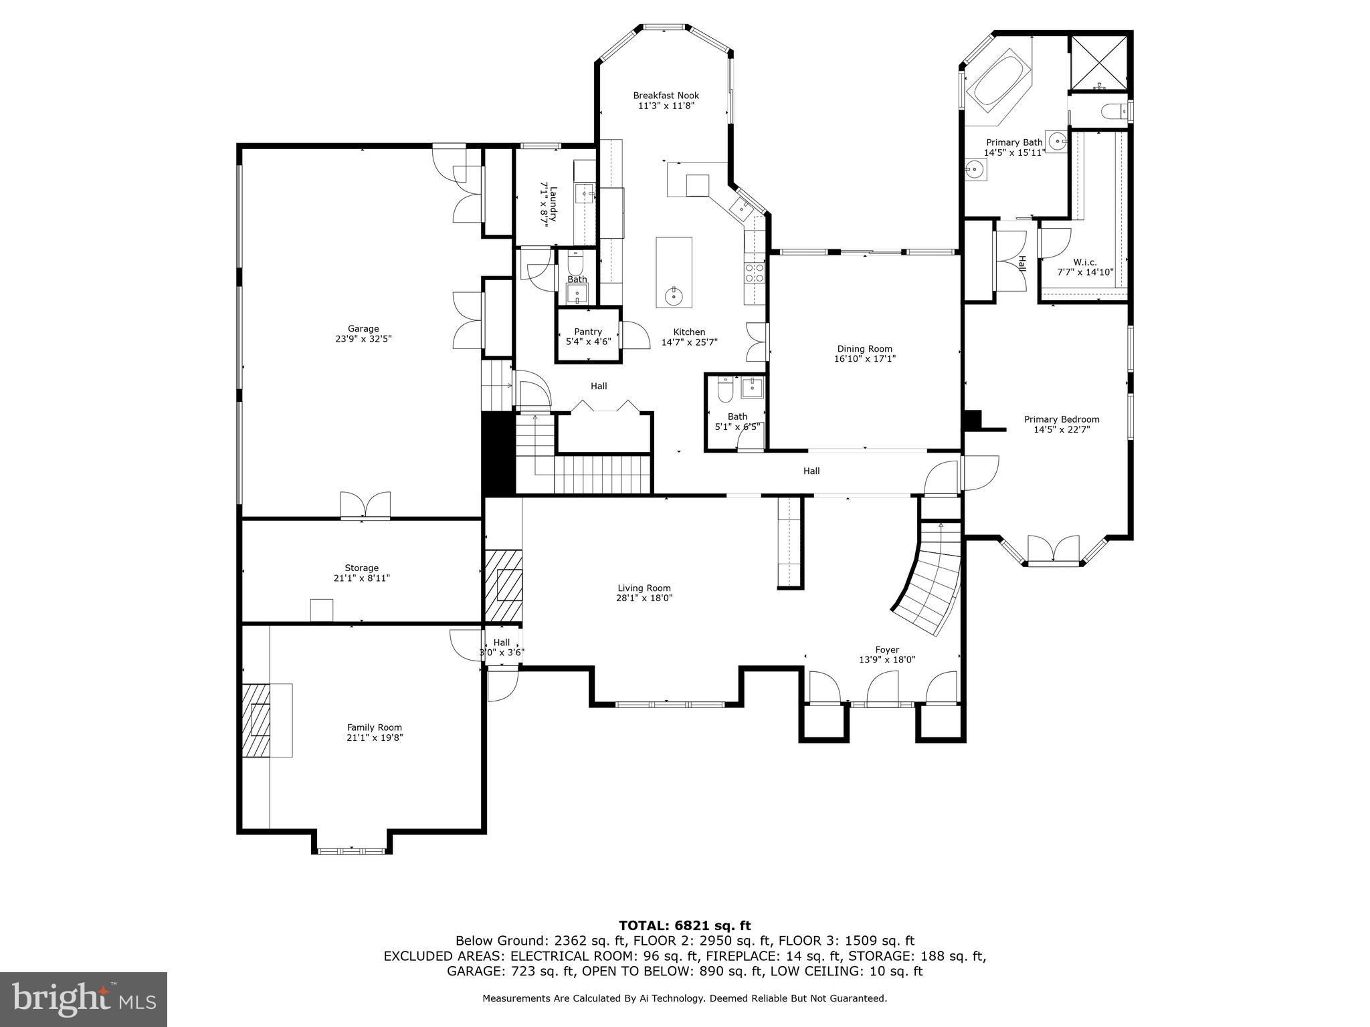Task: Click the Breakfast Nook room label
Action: click(666, 96)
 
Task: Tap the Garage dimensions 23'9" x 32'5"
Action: click(363, 339)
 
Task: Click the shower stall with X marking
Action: click(1099, 62)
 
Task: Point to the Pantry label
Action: click(587, 332)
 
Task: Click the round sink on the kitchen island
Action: click(673, 295)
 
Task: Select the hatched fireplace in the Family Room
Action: click(256, 720)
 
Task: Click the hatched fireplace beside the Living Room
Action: click(503, 585)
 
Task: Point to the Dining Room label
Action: click(864, 349)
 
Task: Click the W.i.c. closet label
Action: click(1084, 262)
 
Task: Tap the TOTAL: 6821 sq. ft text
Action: click(684, 926)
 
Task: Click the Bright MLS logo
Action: click(83, 1000)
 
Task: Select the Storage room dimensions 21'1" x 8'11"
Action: click(361, 578)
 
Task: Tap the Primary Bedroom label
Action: click(1061, 419)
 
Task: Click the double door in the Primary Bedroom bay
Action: click(1053, 550)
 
